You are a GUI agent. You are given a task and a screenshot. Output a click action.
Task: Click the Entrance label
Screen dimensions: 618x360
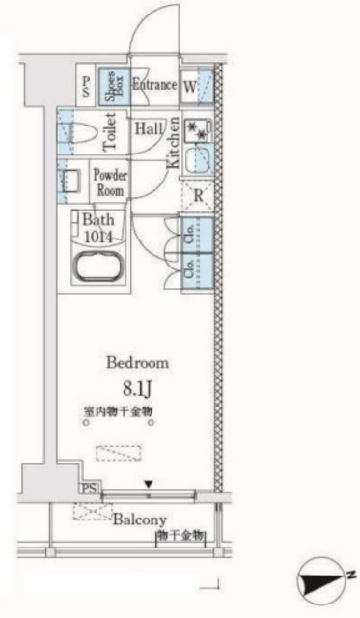[x=154, y=85]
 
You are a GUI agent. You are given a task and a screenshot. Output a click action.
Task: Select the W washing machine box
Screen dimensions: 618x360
[x=190, y=85]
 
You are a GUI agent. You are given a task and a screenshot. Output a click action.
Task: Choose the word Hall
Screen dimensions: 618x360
[x=148, y=127]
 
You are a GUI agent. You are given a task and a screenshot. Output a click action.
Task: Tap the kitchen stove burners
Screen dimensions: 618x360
[x=199, y=128]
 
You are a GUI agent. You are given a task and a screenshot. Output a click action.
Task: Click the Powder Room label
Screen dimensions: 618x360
[x=109, y=182]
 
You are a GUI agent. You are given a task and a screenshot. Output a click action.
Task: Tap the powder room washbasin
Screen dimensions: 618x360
[x=71, y=181]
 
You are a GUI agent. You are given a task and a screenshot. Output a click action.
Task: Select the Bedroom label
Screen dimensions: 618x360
[x=137, y=363]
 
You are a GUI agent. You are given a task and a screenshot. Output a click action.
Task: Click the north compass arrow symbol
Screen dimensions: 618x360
[x=318, y=582]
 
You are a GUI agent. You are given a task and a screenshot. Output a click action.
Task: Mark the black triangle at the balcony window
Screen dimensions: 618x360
[x=148, y=483]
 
